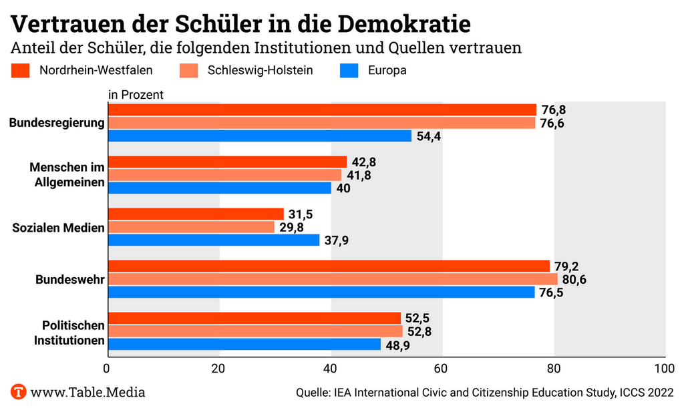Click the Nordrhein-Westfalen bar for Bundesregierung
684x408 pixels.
(x=322, y=110)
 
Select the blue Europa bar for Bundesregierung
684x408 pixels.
(x=259, y=136)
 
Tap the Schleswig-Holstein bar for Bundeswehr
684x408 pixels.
(x=333, y=279)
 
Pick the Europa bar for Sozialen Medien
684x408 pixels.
(x=214, y=240)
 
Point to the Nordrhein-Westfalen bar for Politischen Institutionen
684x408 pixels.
(x=254, y=319)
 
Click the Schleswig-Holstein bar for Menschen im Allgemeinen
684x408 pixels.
(x=224, y=175)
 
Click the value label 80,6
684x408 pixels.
(x=574, y=279)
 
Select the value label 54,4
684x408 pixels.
(x=429, y=136)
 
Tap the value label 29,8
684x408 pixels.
(x=292, y=227)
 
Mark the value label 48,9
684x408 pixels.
(x=398, y=345)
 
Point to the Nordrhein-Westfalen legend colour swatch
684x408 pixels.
(x=21, y=70)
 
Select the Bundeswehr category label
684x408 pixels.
(x=69, y=279)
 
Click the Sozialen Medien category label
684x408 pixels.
(x=59, y=228)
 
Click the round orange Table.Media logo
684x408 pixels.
(x=18, y=392)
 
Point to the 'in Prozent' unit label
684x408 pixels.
(x=136, y=95)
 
